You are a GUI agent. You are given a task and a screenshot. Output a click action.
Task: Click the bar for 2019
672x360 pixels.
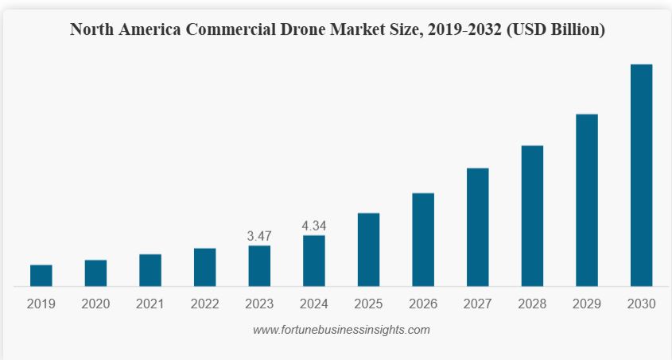pyautogui.click(x=41, y=275)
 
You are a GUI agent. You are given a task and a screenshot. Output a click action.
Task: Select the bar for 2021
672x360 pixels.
pyautogui.click(x=150, y=270)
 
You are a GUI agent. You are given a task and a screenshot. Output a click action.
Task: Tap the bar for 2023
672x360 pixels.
pyautogui.click(x=259, y=265)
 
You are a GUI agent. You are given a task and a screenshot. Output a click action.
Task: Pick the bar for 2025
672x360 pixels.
pyautogui.click(x=368, y=250)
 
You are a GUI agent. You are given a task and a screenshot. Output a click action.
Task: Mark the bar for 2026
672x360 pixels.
pyautogui.click(x=423, y=239)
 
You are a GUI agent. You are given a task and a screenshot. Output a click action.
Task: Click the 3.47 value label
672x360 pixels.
pyautogui.click(x=259, y=236)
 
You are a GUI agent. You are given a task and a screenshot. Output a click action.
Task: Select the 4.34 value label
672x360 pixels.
pyautogui.click(x=314, y=226)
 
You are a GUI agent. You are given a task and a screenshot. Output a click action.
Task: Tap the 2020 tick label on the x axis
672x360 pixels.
pyautogui.click(x=95, y=304)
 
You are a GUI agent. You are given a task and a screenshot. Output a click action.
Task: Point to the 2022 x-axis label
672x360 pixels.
pyautogui.click(x=205, y=304)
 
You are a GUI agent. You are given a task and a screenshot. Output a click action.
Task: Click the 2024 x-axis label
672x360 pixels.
pyautogui.click(x=314, y=304)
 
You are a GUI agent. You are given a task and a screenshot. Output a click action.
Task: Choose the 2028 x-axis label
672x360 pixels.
pyautogui.click(x=532, y=304)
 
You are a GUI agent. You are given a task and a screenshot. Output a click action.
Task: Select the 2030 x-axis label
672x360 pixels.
pyautogui.click(x=641, y=304)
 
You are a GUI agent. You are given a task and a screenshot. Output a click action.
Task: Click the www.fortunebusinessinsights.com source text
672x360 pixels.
pyautogui.click(x=341, y=330)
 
